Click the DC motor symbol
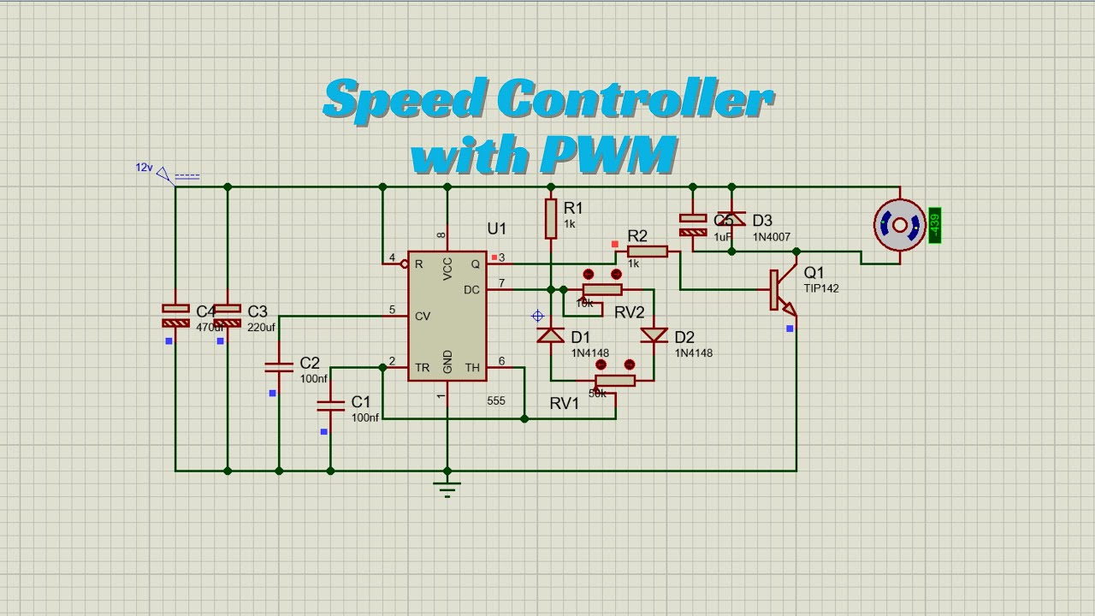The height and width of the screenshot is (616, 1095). [x=899, y=225]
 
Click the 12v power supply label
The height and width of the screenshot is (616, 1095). [x=144, y=168]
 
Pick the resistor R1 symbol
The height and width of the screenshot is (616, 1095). [x=551, y=218]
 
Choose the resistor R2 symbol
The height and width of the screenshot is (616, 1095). [x=648, y=252]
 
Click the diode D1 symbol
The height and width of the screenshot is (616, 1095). [x=550, y=335]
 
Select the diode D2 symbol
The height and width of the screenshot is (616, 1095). [x=654, y=335]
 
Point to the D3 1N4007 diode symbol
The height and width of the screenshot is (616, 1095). [x=731, y=219]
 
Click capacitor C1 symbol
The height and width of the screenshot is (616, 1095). [x=331, y=405]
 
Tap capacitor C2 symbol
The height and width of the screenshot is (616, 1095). [x=279, y=367]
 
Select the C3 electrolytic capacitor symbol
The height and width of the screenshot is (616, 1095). [x=227, y=315]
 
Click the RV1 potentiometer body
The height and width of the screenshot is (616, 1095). [x=615, y=381]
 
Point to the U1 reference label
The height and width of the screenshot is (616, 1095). [x=497, y=228]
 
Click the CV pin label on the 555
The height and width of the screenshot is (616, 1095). [x=422, y=317]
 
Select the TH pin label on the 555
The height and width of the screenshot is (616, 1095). [x=472, y=368]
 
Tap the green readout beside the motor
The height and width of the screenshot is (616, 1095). [x=934, y=225]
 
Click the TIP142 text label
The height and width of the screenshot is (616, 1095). [x=821, y=289]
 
